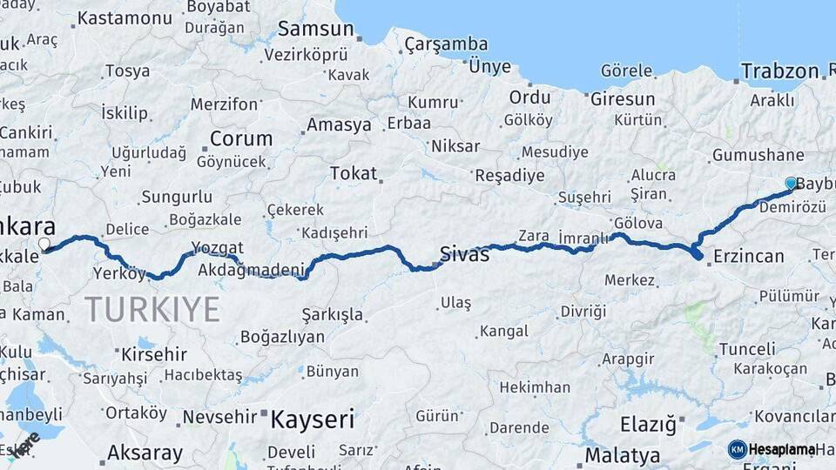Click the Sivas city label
464,254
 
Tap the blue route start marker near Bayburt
791,184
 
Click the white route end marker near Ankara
44,245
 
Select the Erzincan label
748,256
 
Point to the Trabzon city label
779,71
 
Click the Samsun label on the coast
315,29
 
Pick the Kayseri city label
312,420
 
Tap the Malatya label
622,455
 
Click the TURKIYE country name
152,309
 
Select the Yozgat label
218,247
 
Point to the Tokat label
353,173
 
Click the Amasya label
339,124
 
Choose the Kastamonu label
125,17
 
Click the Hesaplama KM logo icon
737,449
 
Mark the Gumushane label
758,155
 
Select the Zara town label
533,235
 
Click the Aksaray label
145,453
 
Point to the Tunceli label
747,349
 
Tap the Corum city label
240,138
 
